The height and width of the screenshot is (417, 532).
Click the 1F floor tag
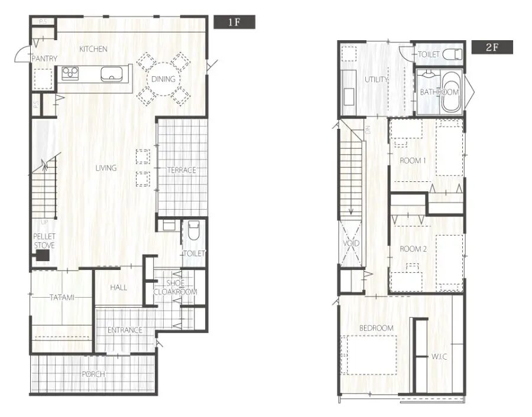click(x=234, y=22)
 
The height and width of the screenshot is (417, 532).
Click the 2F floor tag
click(x=492, y=47)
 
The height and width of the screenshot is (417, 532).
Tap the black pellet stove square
click(x=43, y=255)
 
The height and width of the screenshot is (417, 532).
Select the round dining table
click(x=163, y=79)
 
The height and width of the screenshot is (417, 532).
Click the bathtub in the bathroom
click(x=451, y=92)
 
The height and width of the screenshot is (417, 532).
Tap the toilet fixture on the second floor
click(x=453, y=54)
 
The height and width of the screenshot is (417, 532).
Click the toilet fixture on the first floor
click(x=193, y=230)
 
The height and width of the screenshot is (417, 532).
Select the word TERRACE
click(x=182, y=170)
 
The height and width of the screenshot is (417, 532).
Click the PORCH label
click(x=93, y=374)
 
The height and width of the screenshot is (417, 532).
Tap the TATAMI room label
click(x=62, y=298)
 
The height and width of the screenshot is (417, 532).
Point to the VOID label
click(x=351, y=243)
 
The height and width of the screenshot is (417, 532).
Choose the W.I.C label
click(x=439, y=357)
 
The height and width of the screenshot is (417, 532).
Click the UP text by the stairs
click(x=44, y=223)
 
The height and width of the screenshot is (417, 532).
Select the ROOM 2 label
click(x=413, y=249)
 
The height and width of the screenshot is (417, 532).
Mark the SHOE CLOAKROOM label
click(x=176, y=288)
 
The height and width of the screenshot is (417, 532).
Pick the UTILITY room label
click(x=377, y=80)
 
